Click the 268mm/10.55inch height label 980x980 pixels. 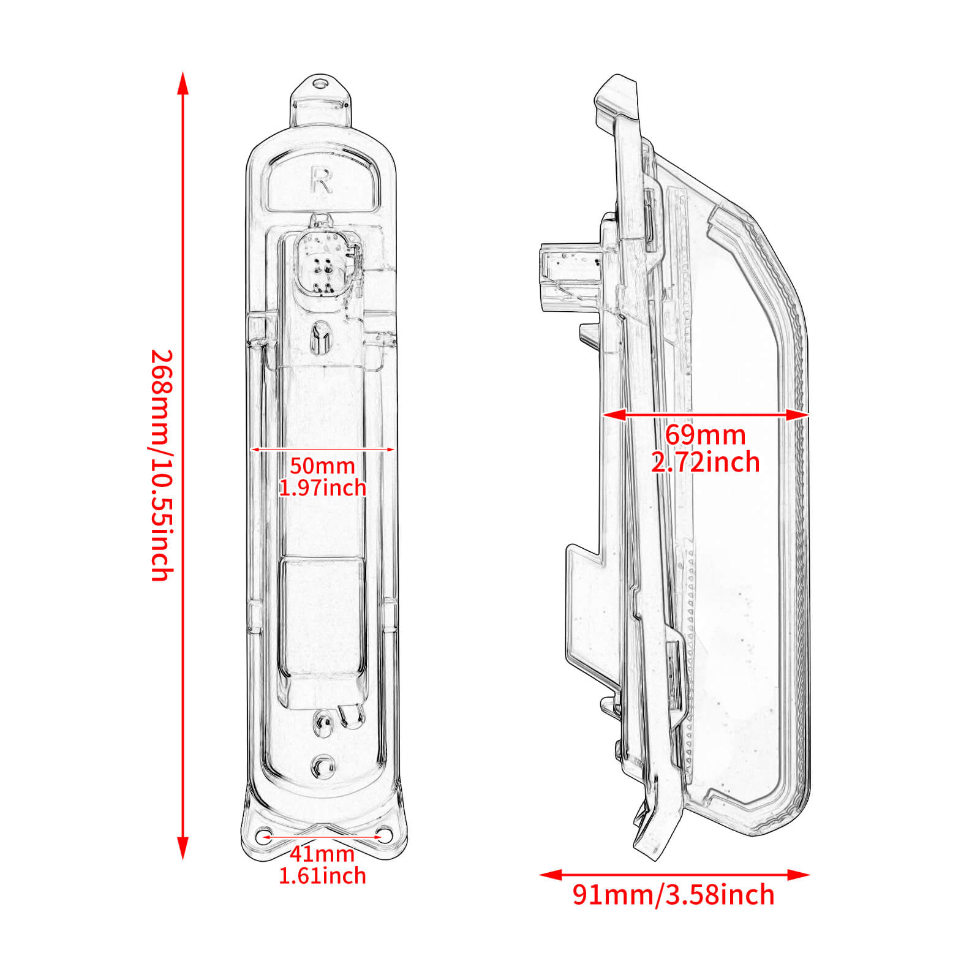point(162,466)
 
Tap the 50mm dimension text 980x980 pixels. point(322,466)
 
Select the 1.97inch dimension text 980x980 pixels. point(322,488)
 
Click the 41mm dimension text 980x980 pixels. point(322,853)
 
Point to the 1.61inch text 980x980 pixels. point(322,876)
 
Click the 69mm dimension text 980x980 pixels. point(706,435)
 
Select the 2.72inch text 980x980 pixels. point(706,462)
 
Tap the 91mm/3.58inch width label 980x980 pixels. point(674,895)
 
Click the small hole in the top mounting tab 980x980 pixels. point(318,83)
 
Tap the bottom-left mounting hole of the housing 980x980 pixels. point(265,835)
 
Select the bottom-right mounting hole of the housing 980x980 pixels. point(384,834)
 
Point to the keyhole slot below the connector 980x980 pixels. point(320,337)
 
